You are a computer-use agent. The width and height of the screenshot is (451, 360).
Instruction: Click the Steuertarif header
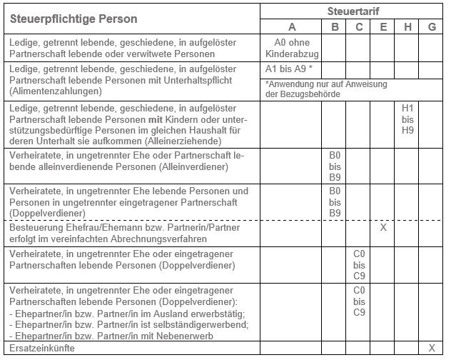pos(353,11)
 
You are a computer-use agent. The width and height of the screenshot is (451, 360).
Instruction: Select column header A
pos(291,27)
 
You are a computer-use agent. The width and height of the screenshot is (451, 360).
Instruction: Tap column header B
pos(334,27)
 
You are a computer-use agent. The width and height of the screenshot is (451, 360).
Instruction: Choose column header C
pos(358,27)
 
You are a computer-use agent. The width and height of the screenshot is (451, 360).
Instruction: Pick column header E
pos(383,27)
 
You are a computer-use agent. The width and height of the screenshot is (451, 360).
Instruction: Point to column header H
pos(407,27)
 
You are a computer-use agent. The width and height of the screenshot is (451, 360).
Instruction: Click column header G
pos(432,27)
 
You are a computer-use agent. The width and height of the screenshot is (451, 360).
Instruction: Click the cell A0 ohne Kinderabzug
pos(291,49)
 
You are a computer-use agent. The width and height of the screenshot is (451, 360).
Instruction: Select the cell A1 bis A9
pos(288,70)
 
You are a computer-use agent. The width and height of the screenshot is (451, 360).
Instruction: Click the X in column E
pos(383,227)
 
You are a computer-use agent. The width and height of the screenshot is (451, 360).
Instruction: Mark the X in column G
pos(432,348)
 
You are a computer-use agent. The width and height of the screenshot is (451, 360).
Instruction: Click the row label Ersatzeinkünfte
pos(42,348)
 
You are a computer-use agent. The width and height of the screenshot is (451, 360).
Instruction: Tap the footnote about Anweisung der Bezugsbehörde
pos(325,89)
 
